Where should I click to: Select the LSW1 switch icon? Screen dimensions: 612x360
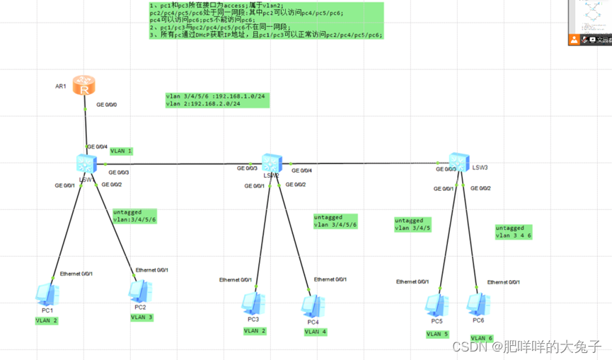coord(86,163)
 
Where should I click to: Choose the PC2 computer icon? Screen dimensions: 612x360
coord(139,290)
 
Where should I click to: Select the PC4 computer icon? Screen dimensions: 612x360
coord(312,305)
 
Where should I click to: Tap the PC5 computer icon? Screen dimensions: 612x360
coord(434,305)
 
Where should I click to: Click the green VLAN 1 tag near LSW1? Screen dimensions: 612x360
coord(121,151)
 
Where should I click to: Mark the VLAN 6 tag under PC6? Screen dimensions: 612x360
coord(481,338)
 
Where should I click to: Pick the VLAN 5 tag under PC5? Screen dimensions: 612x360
coord(437,334)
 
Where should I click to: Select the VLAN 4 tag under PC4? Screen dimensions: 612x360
coord(316,331)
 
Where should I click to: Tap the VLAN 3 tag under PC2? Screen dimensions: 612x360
coord(142,317)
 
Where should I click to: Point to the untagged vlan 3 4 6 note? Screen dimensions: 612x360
coord(513,231)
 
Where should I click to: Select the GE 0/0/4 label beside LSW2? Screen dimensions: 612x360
coord(301,170)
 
